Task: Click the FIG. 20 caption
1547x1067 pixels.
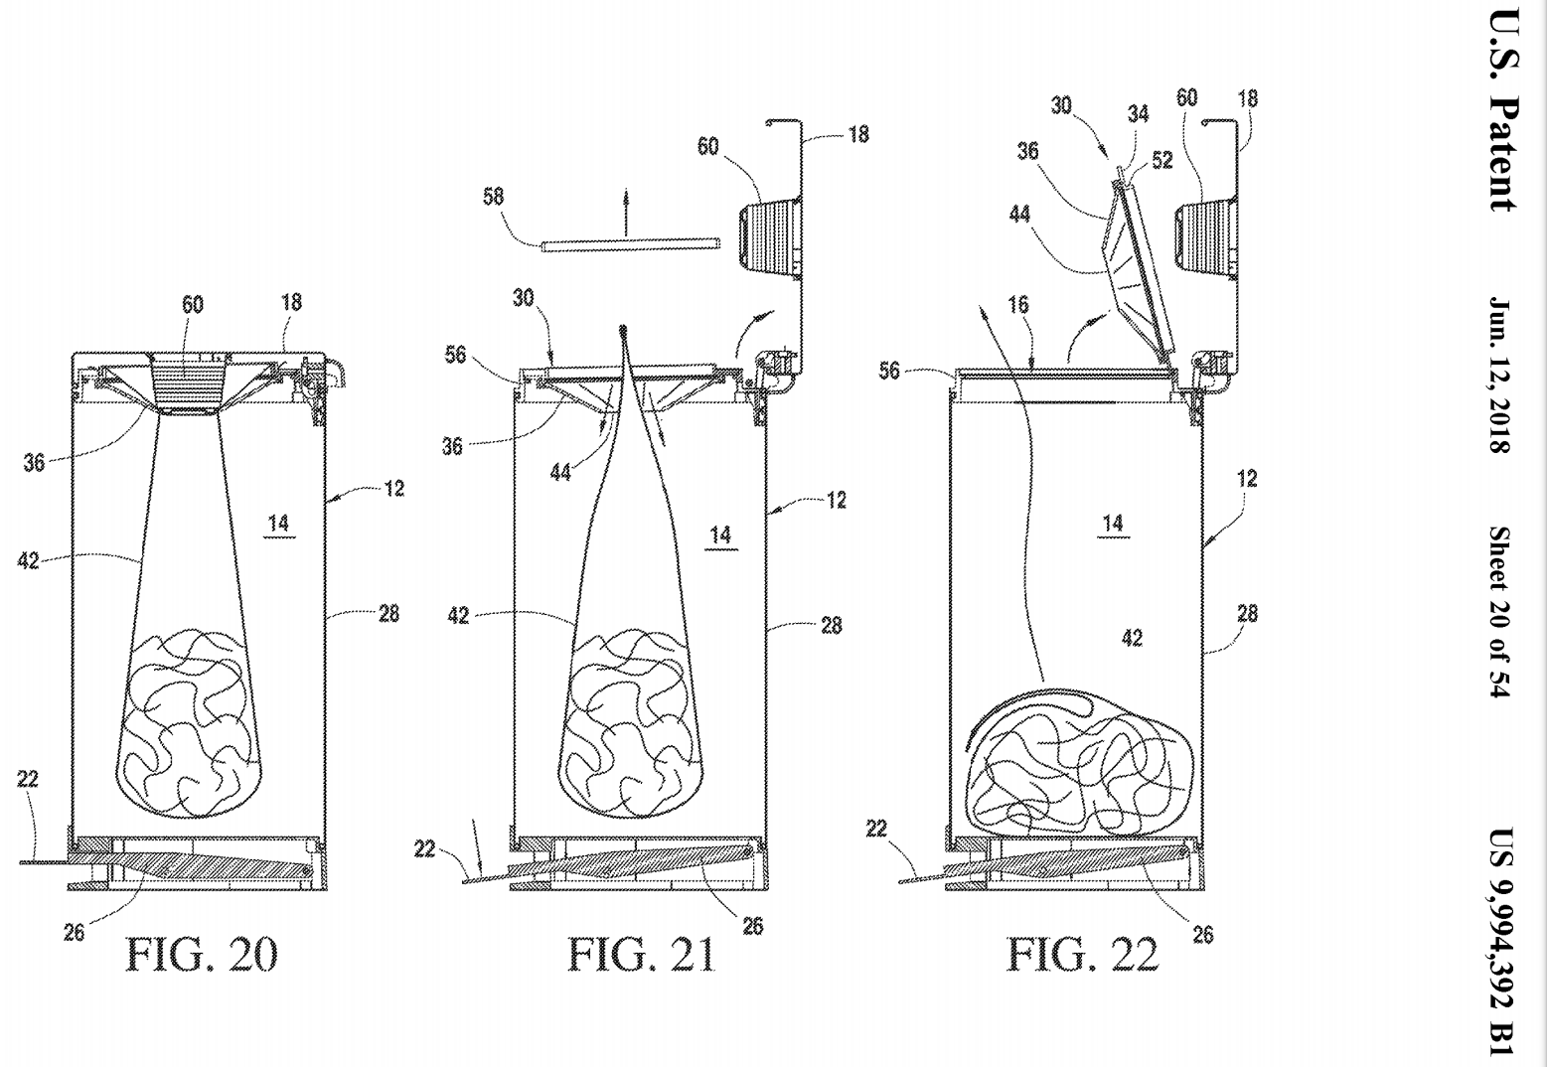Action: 201,955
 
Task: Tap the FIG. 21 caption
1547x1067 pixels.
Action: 642,955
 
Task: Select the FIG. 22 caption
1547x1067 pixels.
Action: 1082,955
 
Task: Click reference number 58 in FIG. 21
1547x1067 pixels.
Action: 493,197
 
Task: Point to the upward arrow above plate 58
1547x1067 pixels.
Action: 626,212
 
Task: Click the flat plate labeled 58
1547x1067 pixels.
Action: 631,244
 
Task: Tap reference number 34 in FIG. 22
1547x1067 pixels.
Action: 1139,114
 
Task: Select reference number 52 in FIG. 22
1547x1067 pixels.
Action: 1162,160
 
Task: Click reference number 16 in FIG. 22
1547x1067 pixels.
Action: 1018,305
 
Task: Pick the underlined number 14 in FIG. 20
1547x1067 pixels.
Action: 278,525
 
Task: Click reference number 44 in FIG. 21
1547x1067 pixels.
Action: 560,472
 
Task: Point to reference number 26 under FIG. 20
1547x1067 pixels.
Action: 74,932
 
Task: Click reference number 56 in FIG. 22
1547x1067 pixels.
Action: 889,371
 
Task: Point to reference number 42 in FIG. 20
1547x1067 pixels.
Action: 28,560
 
